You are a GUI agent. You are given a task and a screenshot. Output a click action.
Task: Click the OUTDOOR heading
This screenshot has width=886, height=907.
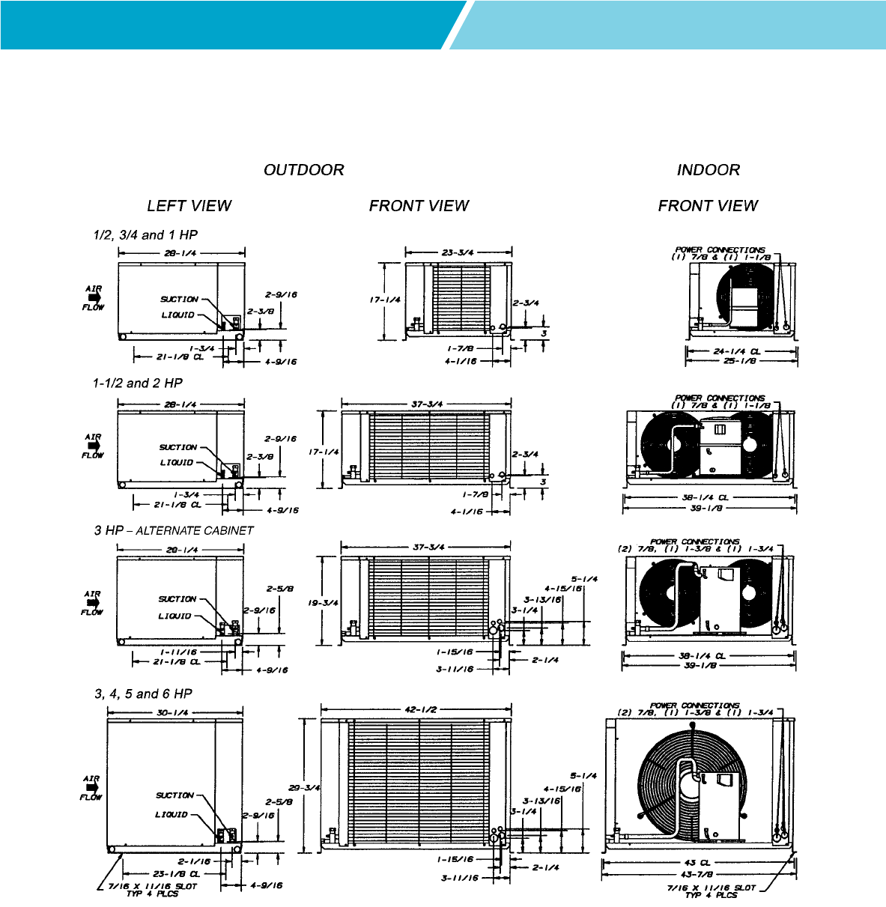(x=303, y=170)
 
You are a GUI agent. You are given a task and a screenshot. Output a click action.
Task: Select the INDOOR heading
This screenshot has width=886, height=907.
(x=708, y=170)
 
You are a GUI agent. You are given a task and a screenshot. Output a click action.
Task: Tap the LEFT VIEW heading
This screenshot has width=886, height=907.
(x=189, y=206)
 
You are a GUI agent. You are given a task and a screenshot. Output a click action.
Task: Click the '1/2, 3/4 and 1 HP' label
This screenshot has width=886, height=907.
(x=145, y=235)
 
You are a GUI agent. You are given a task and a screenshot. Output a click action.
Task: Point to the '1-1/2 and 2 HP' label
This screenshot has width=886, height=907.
(x=138, y=383)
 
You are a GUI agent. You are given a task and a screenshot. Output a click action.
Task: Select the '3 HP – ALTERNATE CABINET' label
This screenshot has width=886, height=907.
(x=174, y=530)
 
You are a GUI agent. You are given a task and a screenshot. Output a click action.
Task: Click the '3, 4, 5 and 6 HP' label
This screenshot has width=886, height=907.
(x=143, y=694)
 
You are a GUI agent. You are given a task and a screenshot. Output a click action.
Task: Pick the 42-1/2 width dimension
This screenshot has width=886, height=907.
(x=420, y=709)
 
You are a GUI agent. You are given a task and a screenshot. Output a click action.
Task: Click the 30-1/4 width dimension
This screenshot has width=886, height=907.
(x=172, y=713)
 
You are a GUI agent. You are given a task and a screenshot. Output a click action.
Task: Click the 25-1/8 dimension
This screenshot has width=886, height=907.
(x=739, y=361)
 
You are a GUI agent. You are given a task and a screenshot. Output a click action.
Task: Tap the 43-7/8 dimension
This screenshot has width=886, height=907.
(x=697, y=873)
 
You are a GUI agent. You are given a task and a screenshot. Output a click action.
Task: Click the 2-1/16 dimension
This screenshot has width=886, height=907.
(x=193, y=861)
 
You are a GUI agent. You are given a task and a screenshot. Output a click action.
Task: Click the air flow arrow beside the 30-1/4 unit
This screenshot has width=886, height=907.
(x=91, y=788)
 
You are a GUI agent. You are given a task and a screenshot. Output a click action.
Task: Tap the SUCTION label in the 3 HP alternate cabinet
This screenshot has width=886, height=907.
(x=177, y=599)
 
